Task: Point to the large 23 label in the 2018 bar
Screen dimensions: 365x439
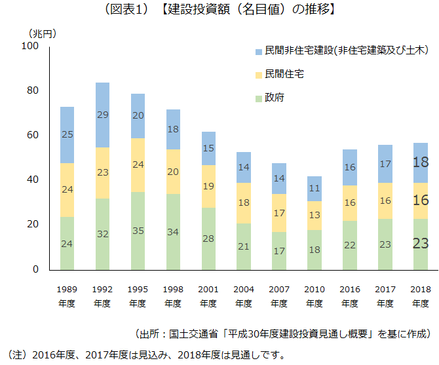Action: (421, 244)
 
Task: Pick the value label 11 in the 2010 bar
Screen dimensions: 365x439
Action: (315, 188)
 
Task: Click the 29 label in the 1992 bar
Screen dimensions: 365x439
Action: (102, 115)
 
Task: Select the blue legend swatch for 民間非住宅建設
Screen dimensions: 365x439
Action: (258, 50)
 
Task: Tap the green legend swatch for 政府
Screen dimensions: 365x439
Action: (258, 98)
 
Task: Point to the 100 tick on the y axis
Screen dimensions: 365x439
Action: (30, 46)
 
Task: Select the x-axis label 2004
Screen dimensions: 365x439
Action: (244, 289)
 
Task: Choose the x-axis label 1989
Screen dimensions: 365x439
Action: (67, 289)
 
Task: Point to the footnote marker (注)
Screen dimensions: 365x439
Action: (14, 355)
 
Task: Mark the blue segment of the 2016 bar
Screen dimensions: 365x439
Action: (350, 167)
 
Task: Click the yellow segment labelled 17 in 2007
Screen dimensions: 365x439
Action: (279, 213)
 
